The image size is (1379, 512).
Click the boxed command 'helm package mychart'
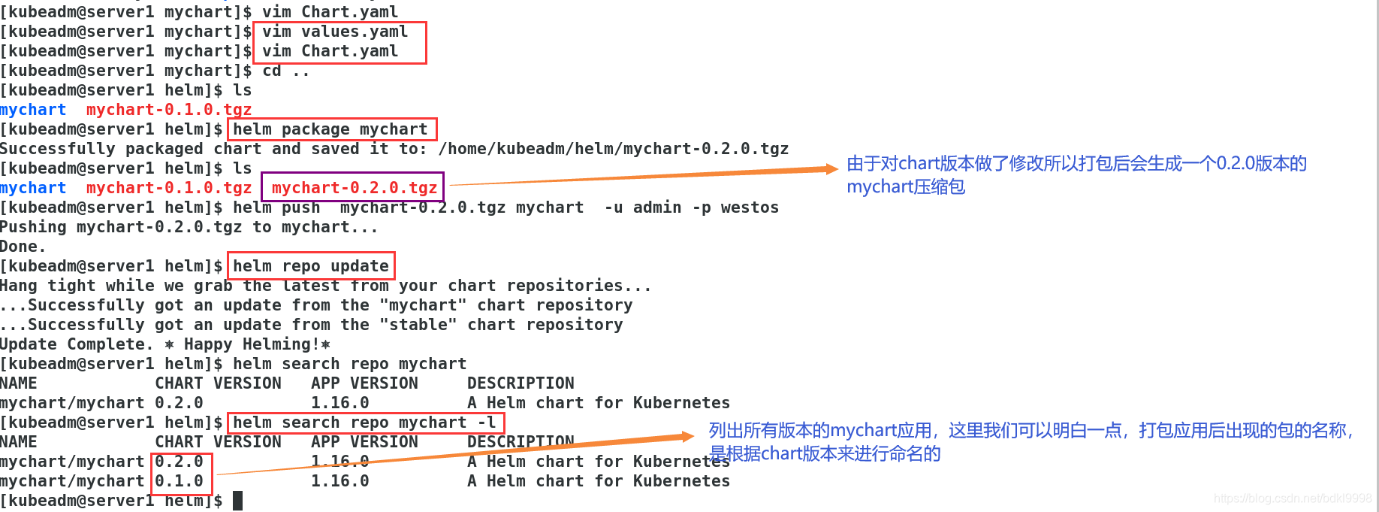click(330, 129)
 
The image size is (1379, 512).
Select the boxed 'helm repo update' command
click(310, 266)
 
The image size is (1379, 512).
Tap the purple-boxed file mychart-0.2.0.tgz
click(354, 188)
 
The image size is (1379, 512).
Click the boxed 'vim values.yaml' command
click(334, 32)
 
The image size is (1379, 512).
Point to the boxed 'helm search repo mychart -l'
click(364, 423)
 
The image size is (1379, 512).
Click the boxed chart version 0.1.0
click(180, 481)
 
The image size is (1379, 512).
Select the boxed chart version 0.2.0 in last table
click(180, 462)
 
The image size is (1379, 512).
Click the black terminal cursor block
click(237, 501)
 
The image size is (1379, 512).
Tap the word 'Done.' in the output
click(23, 247)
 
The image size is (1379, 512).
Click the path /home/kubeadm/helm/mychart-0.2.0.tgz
click(613, 149)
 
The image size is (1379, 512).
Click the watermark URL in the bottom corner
click(1292, 498)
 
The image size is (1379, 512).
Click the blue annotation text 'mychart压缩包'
click(906, 186)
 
